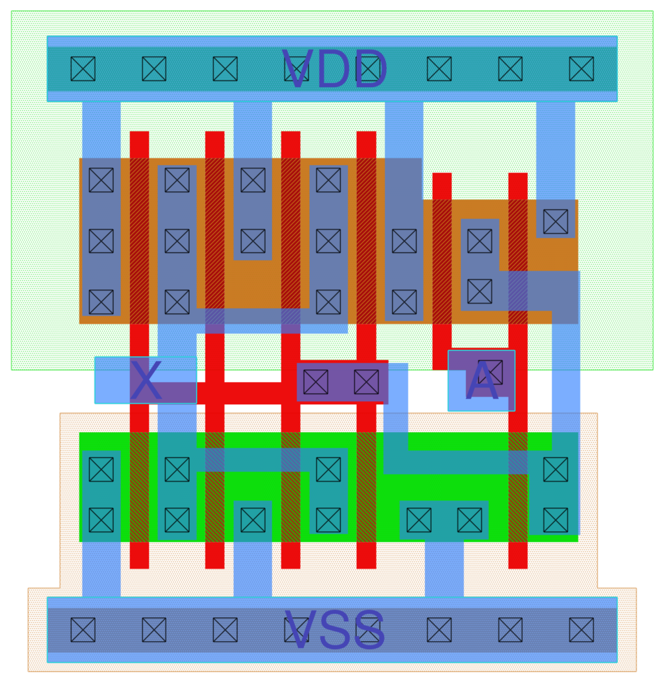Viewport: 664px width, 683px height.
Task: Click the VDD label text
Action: click(335, 69)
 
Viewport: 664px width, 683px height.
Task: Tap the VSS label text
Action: click(335, 630)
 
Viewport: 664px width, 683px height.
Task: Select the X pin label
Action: click(146, 381)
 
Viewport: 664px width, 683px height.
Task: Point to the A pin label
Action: click(482, 381)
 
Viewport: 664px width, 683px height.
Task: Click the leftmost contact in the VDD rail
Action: click(83, 69)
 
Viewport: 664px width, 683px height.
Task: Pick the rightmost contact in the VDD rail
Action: click(581, 69)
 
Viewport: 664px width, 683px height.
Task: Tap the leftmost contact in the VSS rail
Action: click(83, 630)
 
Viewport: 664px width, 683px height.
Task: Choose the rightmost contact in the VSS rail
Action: click(581, 630)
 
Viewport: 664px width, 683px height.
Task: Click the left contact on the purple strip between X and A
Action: click(316, 381)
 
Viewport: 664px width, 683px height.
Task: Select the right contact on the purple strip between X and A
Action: click(366, 381)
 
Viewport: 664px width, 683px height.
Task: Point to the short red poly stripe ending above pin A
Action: click(442, 268)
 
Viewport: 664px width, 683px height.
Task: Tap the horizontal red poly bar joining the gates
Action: click(248, 394)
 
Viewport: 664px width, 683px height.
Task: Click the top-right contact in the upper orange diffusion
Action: click(555, 221)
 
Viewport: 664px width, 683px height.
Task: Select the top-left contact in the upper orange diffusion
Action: click(101, 180)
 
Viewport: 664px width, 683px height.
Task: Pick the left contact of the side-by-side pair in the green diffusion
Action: click(419, 520)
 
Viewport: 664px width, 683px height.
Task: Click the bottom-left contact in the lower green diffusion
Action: click(101, 520)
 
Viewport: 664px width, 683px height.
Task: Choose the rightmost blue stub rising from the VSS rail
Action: click(444, 569)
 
